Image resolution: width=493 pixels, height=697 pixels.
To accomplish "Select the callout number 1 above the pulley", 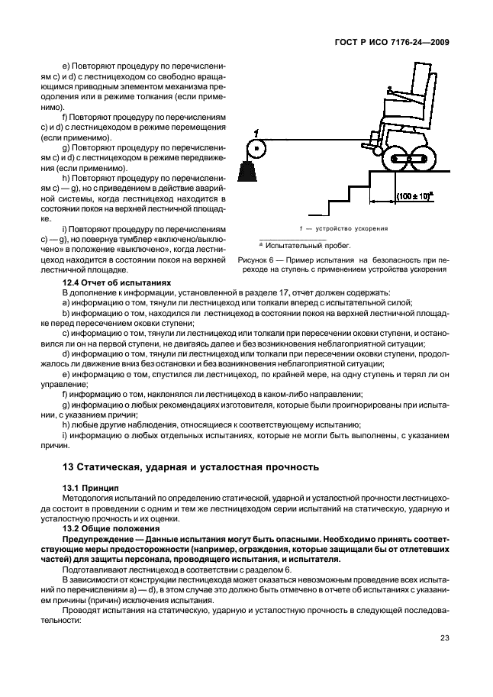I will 257,132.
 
